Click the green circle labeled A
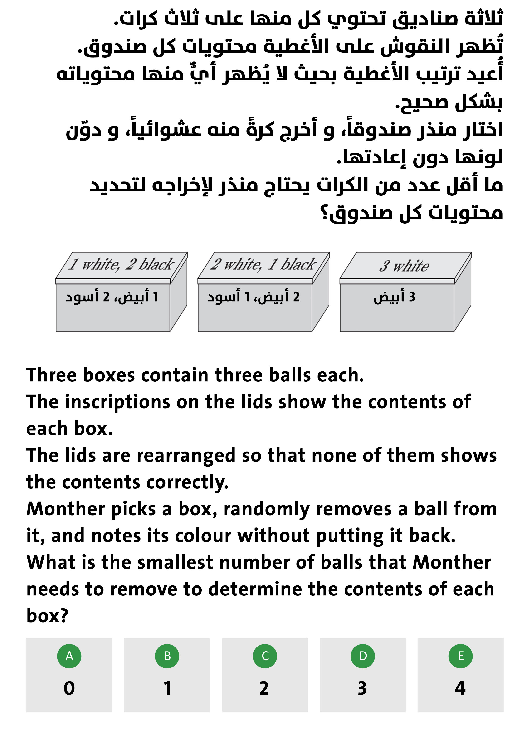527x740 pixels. [69, 656]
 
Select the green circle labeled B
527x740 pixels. [167, 656]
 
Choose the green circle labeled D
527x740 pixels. [363, 656]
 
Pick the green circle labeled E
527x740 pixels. [460, 656]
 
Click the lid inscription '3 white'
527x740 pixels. [404, 266]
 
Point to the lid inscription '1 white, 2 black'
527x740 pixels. [121, 264]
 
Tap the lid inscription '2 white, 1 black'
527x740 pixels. [263, 264]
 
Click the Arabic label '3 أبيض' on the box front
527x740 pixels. [394, 297]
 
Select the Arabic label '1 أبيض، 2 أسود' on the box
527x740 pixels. [112, 297]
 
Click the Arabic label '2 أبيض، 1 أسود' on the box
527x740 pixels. [254, 297]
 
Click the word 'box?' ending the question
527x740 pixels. [47, 615]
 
